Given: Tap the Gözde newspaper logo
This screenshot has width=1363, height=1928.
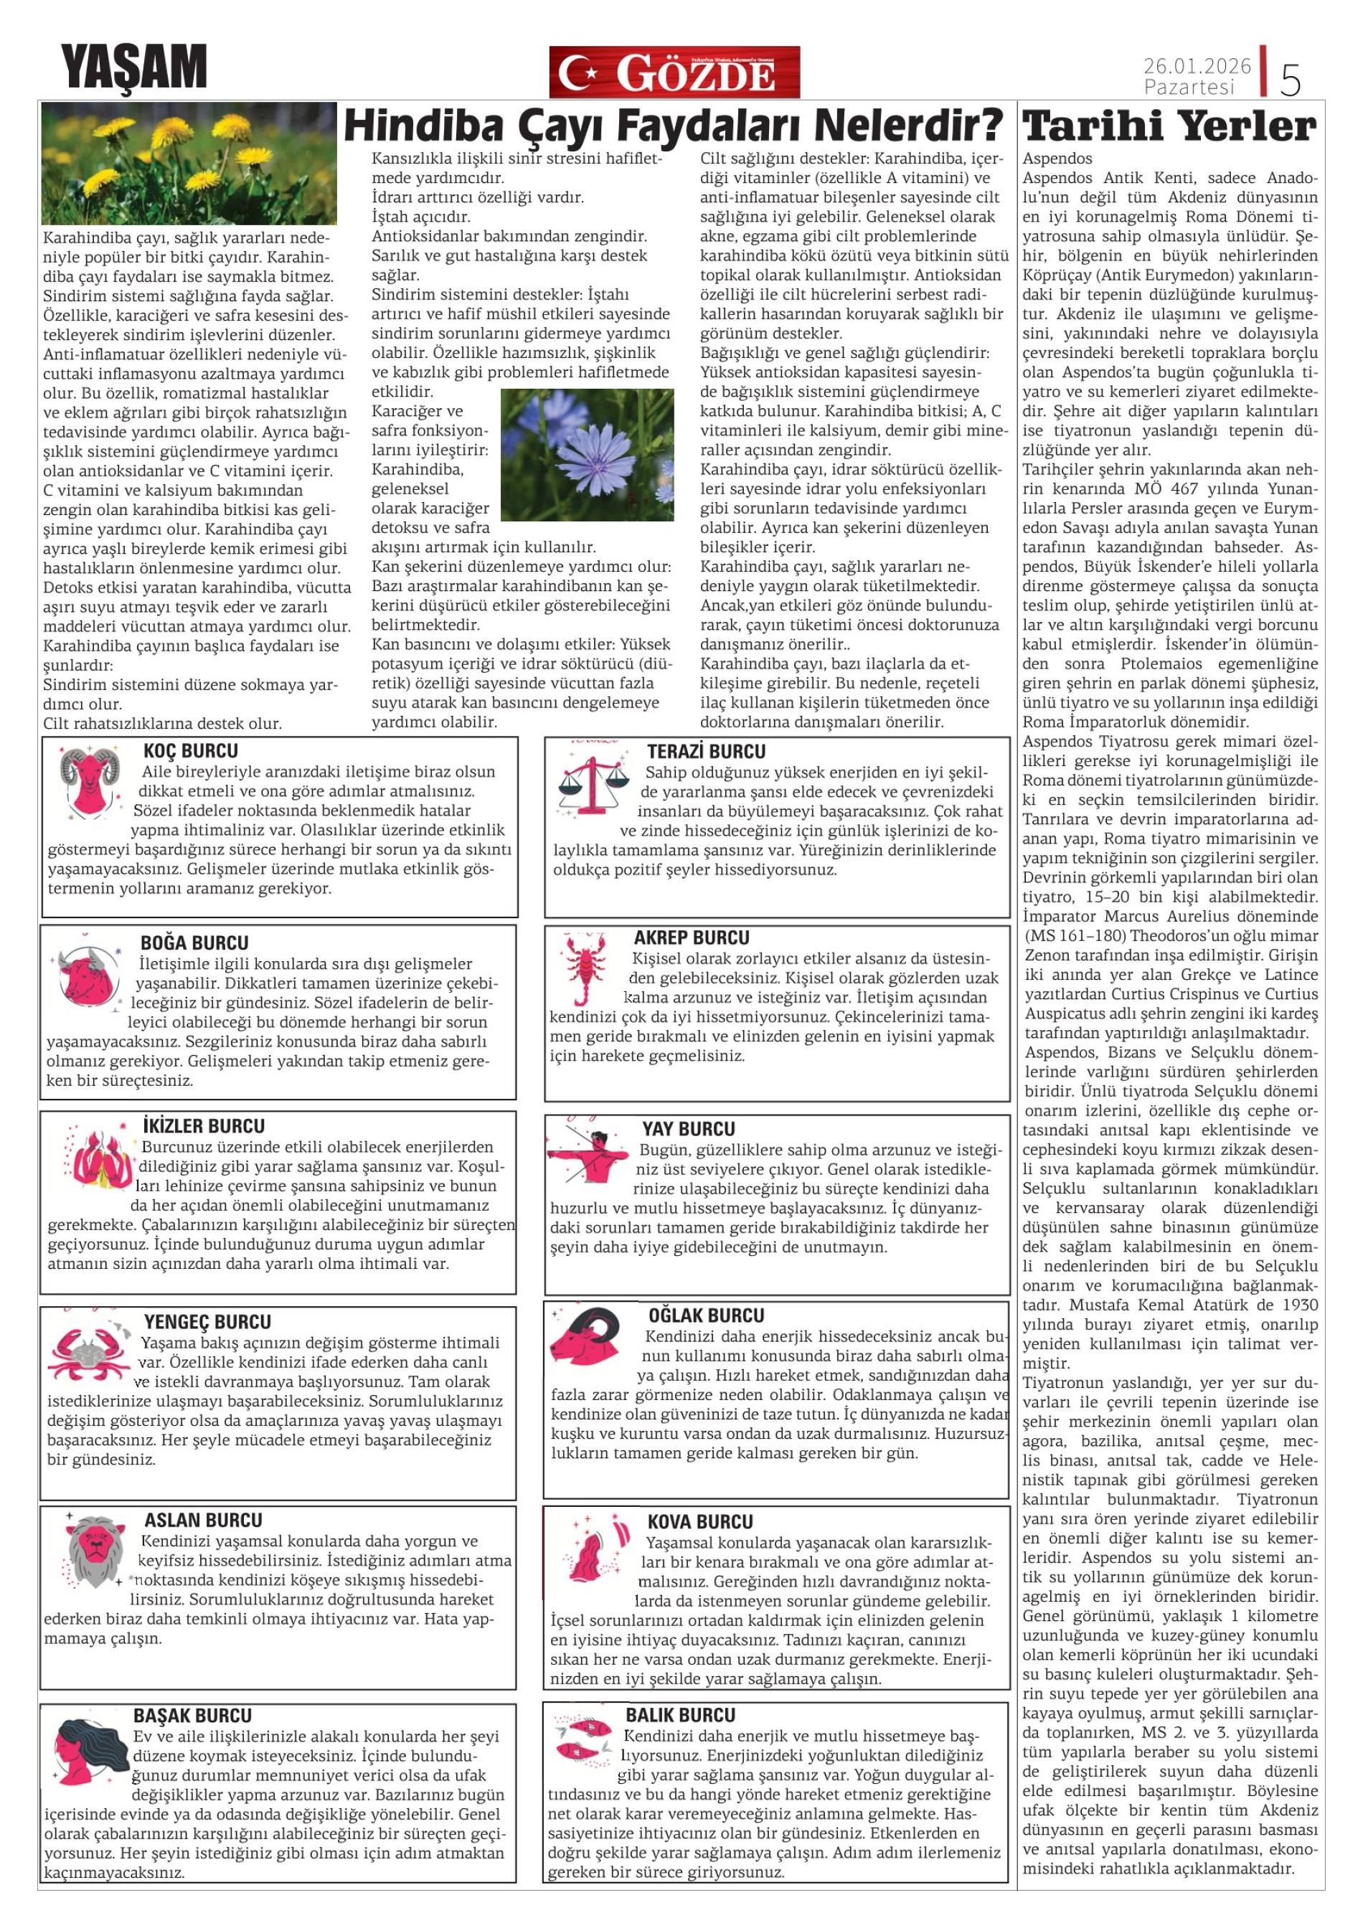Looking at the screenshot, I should [x=674, y=72].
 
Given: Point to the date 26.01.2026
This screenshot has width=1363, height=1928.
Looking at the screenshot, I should [x=1197, y=65].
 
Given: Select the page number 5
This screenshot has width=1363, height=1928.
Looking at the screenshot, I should [x=1290, y=80].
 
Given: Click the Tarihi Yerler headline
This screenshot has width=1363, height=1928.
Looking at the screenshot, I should [x=1170, y=127].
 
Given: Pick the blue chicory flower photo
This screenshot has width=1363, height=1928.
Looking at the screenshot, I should [x=587, y=454].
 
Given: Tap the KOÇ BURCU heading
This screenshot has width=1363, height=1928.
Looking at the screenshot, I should [x=191, y=751].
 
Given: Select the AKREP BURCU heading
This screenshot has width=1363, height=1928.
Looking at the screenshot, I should [x=691, y=938].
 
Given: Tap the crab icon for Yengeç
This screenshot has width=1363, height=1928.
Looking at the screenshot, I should [x=88, y=1351].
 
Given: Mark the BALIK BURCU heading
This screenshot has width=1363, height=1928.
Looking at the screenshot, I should [x=680, y=1715].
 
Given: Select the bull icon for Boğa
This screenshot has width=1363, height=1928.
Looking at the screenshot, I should [x=89, y=974].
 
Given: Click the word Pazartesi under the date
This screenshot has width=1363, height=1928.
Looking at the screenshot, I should [x=1189, y=88].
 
